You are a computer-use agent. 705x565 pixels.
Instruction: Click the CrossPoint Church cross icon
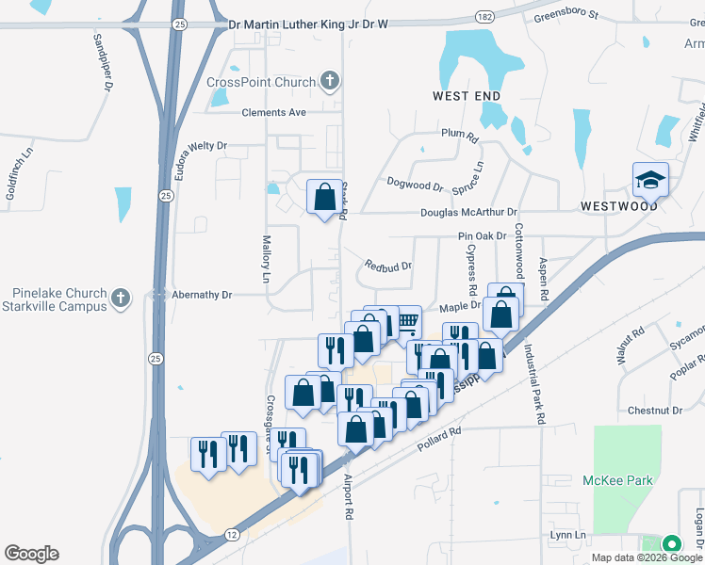(x=330, y=82)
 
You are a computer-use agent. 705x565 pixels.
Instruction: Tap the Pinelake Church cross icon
(x=119, y=299)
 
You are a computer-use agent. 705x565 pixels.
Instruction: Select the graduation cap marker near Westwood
(x=650, y=179)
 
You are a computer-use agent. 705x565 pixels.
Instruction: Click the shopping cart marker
(x=407, y=321)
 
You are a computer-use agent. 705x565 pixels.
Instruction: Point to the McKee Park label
(x=618, y=480)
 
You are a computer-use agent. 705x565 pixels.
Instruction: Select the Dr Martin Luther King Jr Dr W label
(x=308, y=23)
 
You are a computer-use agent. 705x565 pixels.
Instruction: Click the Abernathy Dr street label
(x=201, y=295)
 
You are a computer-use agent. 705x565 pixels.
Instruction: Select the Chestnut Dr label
(x=654, y=411)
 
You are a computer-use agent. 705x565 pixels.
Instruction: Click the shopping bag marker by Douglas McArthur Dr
(x=324, y=198)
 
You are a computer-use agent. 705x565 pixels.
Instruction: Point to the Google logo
(x=31, y=554)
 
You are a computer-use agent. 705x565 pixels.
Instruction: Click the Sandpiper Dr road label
(x=103, y=62)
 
